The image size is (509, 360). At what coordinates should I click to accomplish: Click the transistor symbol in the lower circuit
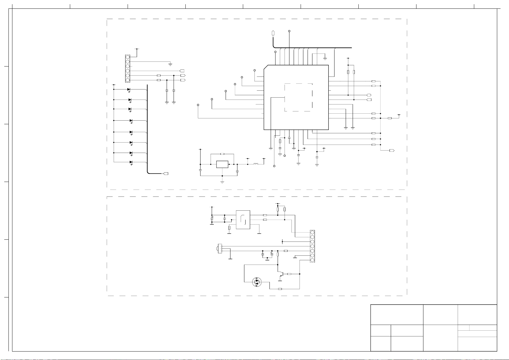coord(281,274)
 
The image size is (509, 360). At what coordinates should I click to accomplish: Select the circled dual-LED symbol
coord(256,282)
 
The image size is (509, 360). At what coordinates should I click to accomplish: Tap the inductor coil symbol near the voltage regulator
coord(256,164)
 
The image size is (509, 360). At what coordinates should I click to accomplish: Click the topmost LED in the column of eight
coord(129,89)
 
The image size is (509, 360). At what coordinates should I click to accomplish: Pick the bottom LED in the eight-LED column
coord(131,162)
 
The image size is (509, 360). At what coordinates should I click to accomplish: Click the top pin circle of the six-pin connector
coord(128,57)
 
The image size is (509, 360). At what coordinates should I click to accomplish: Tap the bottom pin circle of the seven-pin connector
coord(312,260)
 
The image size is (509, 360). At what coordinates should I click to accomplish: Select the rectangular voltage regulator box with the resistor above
coord(222,164)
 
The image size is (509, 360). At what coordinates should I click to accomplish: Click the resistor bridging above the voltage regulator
coord(222,154)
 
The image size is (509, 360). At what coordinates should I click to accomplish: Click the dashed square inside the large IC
coord(298,97)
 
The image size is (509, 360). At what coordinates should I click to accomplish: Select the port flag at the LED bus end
coord(166,174)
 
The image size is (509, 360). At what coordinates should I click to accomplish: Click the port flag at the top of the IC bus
coord(273,33)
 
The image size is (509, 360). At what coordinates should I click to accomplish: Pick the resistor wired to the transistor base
coord(289,274)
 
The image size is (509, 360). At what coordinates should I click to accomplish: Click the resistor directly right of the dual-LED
coord(280,289)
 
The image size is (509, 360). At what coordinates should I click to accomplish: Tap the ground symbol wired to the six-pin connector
coord(170,64)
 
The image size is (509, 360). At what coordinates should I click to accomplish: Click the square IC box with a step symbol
coord(243,220)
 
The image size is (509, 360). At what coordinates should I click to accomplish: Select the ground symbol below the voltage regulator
coord(222,182)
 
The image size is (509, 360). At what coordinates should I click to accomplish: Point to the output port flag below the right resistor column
coord(392,150)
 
